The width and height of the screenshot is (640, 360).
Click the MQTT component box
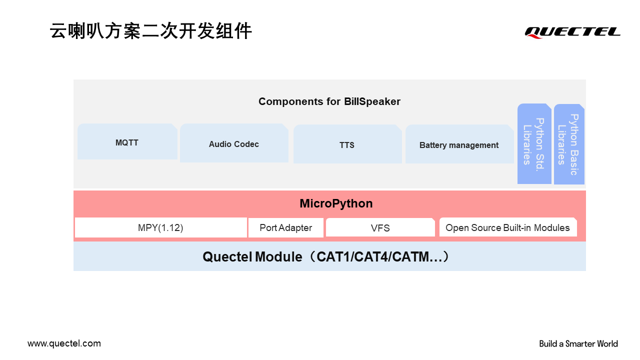point(127,141)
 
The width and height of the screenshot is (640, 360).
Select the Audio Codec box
point(234,143)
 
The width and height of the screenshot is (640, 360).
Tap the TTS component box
point(347,144)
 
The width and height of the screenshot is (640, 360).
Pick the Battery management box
point(459,144)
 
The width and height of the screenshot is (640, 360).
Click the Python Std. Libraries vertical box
point(534,143)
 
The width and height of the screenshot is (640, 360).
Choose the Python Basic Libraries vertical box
point(569,144)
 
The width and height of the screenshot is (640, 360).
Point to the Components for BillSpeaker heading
point(329,101)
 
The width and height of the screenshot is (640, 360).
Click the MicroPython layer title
point(336,203)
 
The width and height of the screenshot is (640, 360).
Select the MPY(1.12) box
point(161,227)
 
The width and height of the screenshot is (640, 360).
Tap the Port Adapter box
point(286,227)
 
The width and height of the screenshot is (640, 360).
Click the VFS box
point(380,227)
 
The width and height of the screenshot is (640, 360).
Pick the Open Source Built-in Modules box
point(508,227)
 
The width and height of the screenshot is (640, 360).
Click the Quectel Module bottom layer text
point(326,256)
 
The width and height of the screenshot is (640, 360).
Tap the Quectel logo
point(572,32)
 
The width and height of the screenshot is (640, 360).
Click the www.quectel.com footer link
point(64,343)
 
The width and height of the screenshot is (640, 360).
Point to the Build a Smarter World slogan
point(578,343)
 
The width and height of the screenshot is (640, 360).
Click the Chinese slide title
point(150,31)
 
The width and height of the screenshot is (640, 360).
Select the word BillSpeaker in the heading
point(372,101)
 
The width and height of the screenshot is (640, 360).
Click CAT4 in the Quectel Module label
point(372,256)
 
